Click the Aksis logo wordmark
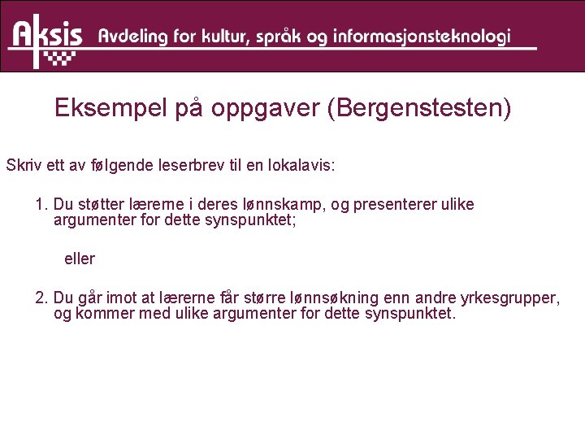tap(47, 35)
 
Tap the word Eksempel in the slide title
tap(110, 109)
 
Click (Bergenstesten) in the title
tap(418, 109)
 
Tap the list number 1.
tap(41, 204)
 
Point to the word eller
tap(80, 259)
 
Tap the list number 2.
tap(41, 298)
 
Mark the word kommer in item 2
tap(101, 314)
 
